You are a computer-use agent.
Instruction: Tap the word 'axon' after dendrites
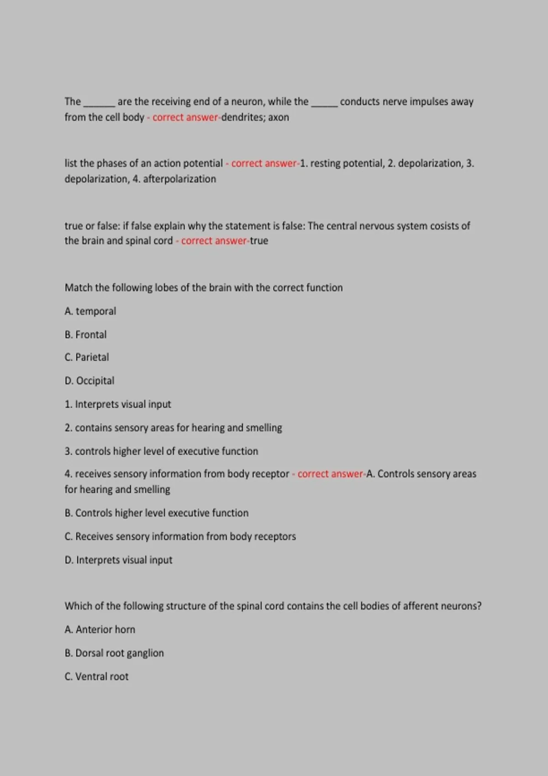pos(279,117)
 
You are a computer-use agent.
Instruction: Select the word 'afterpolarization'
pos(179,179)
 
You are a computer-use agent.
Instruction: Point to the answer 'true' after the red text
pos(259,241)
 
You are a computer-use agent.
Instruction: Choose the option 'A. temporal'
pos(90,311)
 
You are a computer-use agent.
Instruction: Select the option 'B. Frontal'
pos(86,335)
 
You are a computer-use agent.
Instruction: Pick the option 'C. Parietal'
pos(87,357)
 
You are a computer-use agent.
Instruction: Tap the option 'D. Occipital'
pos(90,381)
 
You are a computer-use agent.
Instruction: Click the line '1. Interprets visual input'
pos(118,404)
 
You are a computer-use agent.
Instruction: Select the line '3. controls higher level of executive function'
pos(161,451)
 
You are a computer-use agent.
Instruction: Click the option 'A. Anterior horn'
pos(100,629)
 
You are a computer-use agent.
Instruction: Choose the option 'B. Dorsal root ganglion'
pos(114,653)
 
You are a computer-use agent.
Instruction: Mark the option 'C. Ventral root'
pos(97,676)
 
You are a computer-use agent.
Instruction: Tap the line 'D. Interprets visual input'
pos(119,560)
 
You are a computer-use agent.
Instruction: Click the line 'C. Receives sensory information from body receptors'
pos(180,536)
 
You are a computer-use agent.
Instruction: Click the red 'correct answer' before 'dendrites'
pos(185,117)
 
